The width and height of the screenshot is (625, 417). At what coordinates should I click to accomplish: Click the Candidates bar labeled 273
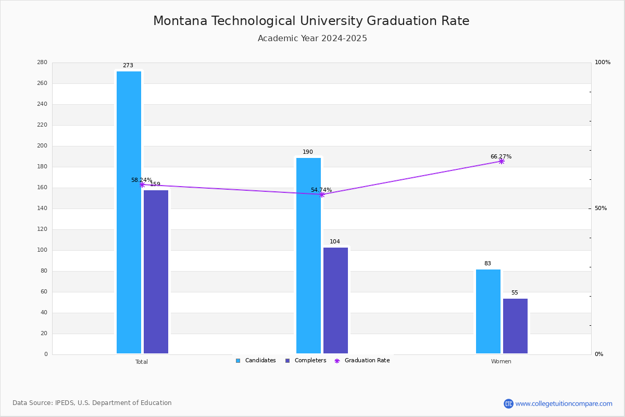point(129,212)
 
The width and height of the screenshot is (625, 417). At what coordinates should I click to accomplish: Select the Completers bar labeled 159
point(156,272)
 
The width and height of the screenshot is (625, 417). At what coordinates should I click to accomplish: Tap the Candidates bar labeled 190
point(308,255)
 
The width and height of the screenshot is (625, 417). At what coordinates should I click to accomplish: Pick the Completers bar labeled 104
point(335,301)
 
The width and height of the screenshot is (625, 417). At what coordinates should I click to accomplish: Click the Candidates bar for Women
point(489,311)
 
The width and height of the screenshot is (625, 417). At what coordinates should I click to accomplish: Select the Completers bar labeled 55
point(515,326)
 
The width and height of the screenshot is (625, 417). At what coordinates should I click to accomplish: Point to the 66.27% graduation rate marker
point(502,162)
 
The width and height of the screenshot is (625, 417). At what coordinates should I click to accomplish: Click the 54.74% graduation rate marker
point(322,194)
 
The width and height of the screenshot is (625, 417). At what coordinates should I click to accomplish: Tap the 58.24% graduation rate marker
point(142,185)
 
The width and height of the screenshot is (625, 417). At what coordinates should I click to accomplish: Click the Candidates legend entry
point(256,361)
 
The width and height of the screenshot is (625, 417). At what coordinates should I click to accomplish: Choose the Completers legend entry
point(306,361)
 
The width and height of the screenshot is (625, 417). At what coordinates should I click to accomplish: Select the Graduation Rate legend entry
point(362,361)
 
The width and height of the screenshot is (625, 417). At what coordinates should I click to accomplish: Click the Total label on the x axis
point(142,362)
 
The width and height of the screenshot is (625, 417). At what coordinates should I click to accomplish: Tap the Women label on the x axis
point(501,361)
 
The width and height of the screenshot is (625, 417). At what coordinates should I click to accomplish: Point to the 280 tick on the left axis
point(42,62)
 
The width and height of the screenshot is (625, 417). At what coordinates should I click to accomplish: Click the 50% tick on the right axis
point(601,208)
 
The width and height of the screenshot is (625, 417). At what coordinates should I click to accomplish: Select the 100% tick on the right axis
point(603,62)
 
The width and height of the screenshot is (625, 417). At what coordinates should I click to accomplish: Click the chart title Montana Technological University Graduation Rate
point(311,21)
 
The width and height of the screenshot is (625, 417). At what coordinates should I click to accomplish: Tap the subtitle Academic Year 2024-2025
point(312,38)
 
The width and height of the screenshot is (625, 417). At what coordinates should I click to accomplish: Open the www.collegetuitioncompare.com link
point(564,403)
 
